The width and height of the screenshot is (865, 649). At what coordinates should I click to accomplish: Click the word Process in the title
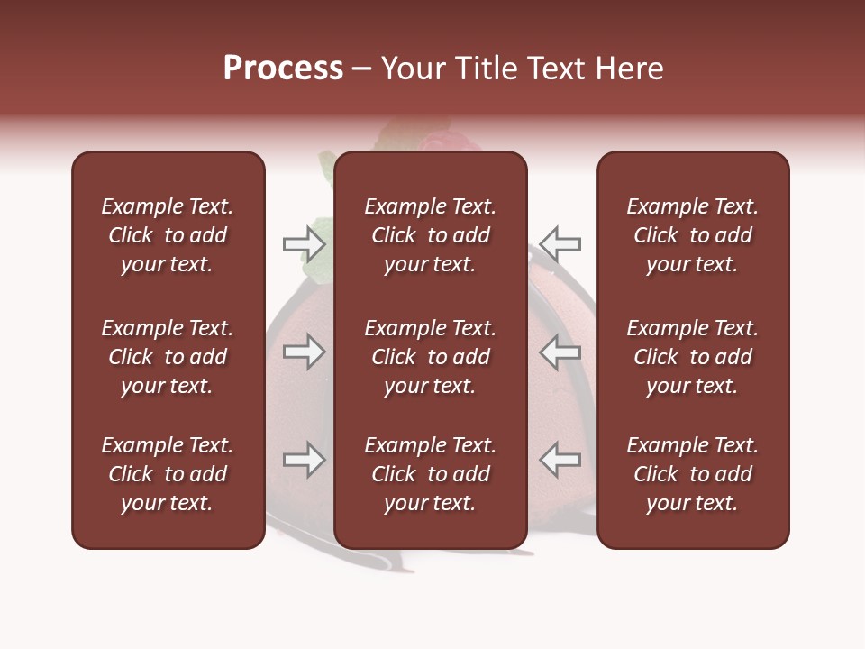[x=283, y=69]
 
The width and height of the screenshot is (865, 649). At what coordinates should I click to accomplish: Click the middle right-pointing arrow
[x=304, y=352]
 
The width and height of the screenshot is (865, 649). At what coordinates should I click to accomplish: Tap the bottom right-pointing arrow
[x=304, y=461]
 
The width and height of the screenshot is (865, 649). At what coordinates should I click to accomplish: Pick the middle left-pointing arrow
[x=560, y=352]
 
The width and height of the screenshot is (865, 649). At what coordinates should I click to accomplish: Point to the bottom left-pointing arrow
[x=560, y=461]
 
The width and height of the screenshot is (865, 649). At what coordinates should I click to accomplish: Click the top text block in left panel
[x=168, y=235]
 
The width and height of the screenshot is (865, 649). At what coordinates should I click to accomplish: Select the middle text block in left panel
[x=168, y=357]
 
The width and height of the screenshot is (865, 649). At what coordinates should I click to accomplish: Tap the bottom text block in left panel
[x=168, y=474]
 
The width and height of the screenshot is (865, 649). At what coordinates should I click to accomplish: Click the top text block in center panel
[x=430, y=235]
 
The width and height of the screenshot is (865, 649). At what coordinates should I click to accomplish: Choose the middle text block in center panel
[x=430, y=357]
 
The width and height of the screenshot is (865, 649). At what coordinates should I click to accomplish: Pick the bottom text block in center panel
[x=430, y=474]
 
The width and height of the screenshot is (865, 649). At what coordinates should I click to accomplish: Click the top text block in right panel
[x=692, y=235]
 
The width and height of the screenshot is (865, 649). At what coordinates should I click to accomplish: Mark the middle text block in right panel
[x=692, y=357]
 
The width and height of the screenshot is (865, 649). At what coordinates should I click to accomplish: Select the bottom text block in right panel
[x=692, y=474]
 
